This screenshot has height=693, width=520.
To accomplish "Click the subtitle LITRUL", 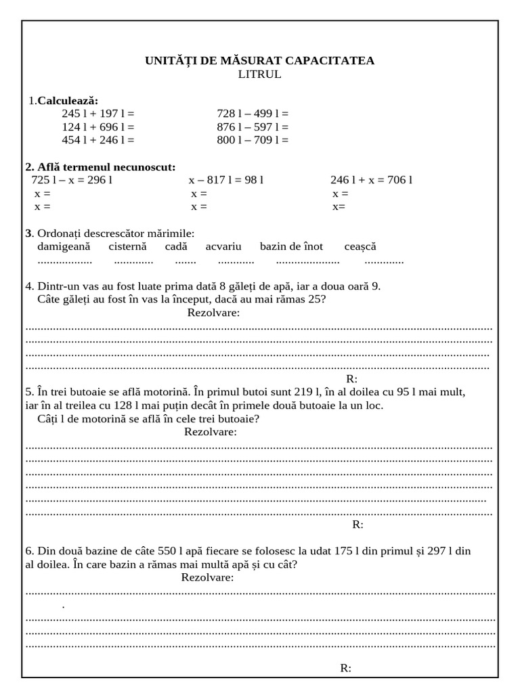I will pos(259,74).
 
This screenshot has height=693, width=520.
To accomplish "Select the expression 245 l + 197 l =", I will pos(98,114).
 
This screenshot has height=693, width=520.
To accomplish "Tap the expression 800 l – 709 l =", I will pos(253,140).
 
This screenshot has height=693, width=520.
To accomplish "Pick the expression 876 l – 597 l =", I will pos(253,127).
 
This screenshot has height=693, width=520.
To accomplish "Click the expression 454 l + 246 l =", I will pos(98,140).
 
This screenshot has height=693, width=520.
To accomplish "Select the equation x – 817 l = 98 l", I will pos(225,180).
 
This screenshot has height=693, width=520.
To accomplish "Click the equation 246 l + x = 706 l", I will pos(371,180).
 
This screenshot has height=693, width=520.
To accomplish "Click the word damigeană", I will pos(64,246).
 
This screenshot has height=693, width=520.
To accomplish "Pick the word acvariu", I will pos(223,246).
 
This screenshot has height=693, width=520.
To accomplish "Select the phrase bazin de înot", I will pos(291,246).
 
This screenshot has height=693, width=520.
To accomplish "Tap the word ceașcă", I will pos(360,246).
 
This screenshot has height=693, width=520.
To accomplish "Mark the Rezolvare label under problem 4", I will pos(213,313).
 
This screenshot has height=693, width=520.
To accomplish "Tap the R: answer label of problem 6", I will pos(345,669).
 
